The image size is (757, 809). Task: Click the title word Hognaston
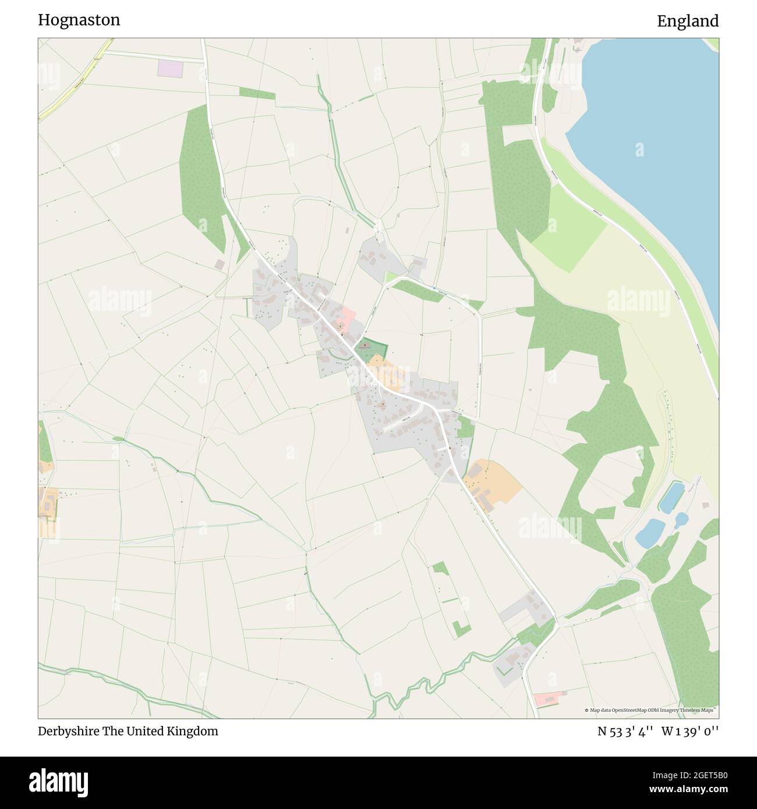(x=79, y=20)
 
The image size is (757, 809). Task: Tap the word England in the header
(x=688, y=21)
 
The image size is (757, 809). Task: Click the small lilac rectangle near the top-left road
(x=169, y=68)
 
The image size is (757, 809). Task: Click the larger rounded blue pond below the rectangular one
(x=650, y=533)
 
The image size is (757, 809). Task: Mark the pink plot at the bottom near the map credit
(x=549, y=698)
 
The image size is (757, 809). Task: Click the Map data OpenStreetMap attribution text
(x=650, y=710)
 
